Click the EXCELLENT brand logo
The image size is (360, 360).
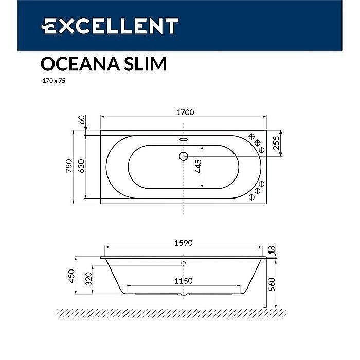tap(110, 26)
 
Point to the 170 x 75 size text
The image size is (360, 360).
tap(52, 81)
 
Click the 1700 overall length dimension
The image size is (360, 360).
tap(184, 113)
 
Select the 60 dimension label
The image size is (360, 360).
tap(81, 120)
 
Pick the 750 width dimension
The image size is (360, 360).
tap(69, 166)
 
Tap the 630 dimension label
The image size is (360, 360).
tap(81, 167)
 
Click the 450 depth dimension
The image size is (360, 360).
tap(71, 276)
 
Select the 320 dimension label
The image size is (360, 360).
tap(88, 280)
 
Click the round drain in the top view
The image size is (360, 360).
tap(184, 156)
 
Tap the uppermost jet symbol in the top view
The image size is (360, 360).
tap(252, 136)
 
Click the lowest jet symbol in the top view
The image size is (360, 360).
tap(252, 196)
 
